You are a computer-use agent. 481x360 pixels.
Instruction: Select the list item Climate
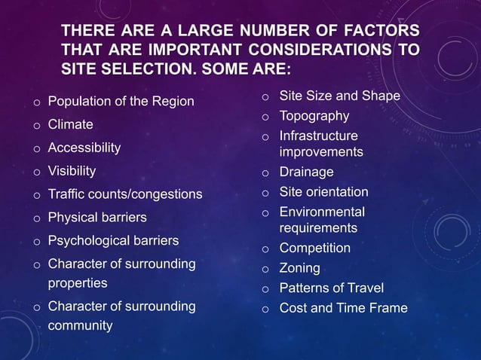click(x=71, y=124)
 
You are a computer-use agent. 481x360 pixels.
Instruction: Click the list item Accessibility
click(x=84, y=148)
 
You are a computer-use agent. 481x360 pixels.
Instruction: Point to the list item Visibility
click(x=72, y=170)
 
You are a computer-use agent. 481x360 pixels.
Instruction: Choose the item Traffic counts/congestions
click(x=125, y=194)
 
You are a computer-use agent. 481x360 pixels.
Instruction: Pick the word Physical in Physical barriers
click(x=73, y=218)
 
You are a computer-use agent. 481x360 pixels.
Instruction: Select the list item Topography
click(x=314, y=116)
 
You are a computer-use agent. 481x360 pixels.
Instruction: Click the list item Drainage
click(x=306, y=172)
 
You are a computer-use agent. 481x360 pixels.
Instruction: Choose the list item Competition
click(x=314, y=248)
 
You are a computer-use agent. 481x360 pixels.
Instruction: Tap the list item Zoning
click(x=299, y=268)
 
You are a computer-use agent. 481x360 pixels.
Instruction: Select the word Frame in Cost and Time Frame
click(x=389, y=308)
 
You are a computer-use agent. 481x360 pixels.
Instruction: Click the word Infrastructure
click(x=318, y=136)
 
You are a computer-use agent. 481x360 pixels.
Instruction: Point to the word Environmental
click(x=322, y=212)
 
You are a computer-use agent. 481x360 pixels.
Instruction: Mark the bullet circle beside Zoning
click(x=265, y=269)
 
